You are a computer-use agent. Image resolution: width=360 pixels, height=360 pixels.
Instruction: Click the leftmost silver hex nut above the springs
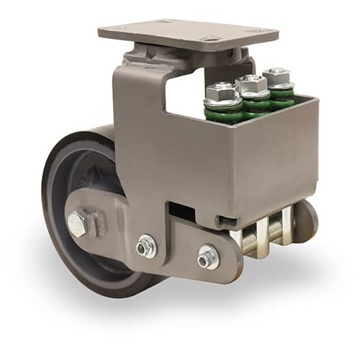pyautogui.click(x=222, y=91)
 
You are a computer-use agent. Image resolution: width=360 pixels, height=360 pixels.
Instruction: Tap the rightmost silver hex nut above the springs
pyautogui.click(x=277, y=75)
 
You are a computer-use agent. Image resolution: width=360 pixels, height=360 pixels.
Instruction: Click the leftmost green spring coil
pyautogui.click(x=223, y=112)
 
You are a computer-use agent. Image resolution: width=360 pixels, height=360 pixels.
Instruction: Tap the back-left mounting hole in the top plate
pyautogui.click(x=164, y=22)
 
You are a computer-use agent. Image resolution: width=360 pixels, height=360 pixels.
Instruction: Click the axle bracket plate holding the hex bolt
pyautogui.click(x=101, y=223)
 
